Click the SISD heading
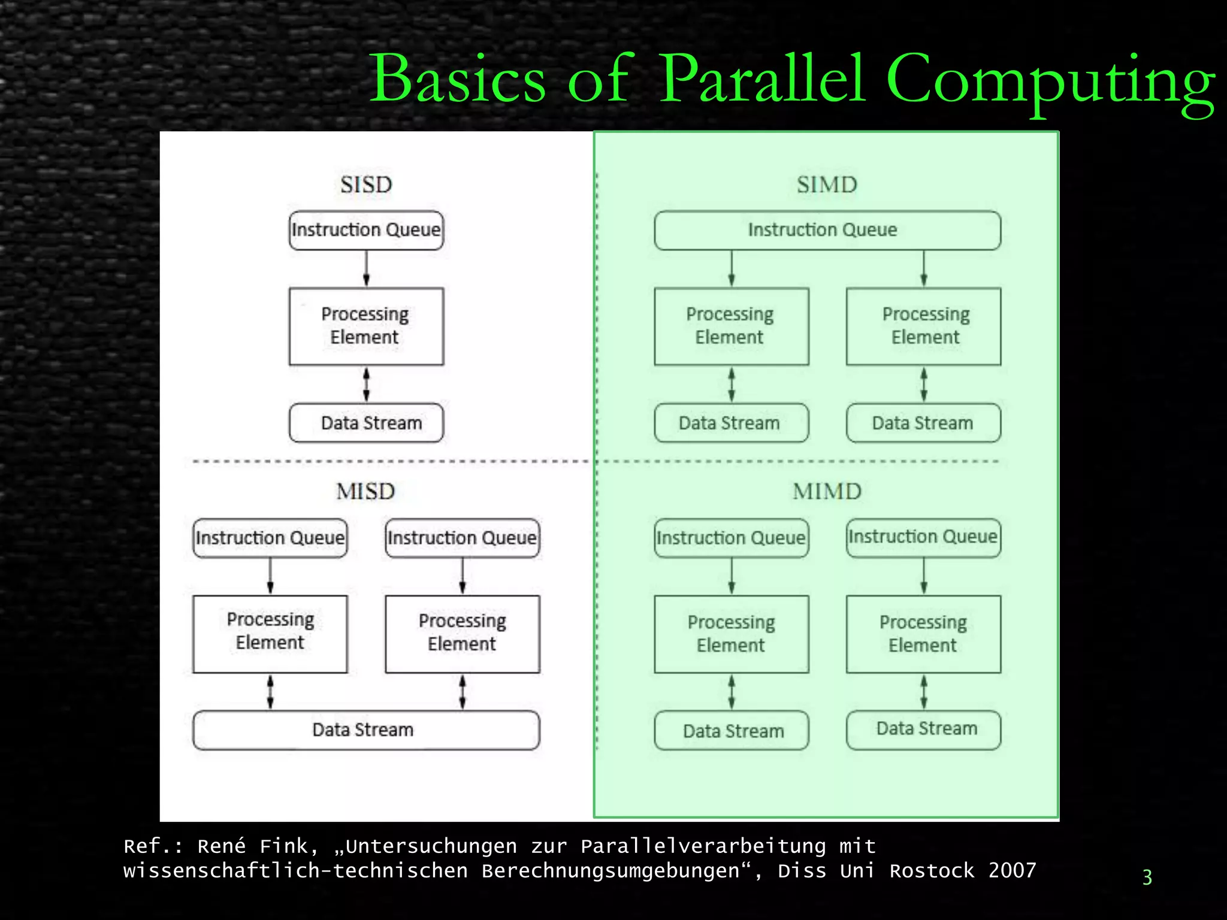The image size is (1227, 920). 366,184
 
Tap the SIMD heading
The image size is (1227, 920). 827,184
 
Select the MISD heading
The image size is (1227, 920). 365,492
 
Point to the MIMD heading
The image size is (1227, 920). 827,492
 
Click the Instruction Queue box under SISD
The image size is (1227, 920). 366,230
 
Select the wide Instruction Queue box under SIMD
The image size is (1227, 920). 827,230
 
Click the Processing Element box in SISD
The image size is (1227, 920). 366,326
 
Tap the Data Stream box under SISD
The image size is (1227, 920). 366,423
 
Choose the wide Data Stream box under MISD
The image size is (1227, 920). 366,730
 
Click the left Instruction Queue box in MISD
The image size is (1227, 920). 270,538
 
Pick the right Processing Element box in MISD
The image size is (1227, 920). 462,634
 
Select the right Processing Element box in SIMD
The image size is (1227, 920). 923,326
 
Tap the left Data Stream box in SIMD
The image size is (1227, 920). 731,423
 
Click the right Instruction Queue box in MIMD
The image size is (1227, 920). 923,537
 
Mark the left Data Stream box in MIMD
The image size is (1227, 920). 731,730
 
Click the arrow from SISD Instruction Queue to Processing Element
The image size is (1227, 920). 366,268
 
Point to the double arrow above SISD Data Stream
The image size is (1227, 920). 366,384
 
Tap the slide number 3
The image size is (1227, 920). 1147,877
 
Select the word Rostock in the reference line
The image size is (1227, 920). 932,870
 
